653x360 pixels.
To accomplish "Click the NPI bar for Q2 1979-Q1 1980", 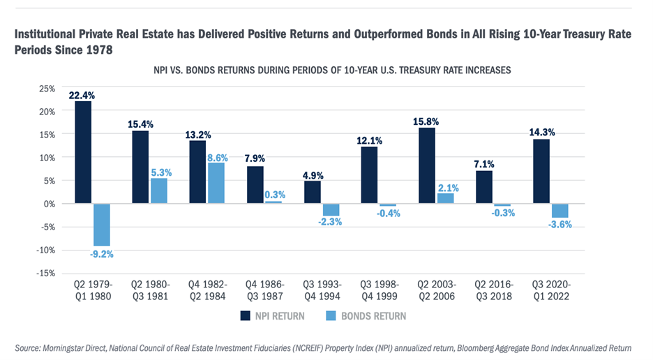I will click(x=83, y=152).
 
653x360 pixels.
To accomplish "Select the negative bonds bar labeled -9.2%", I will click(x=101, y=225).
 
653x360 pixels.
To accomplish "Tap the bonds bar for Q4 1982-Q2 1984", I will click(x=216, y=183).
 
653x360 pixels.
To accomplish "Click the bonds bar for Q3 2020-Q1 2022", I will click(x=560, y=211).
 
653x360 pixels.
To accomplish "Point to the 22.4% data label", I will click(x=82, y=95).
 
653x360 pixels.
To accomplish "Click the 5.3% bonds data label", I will click(x=159, y=172).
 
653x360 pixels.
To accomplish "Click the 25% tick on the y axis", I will click(x=46, y=89).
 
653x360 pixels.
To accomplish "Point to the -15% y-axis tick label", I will click(x=44, y=273).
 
